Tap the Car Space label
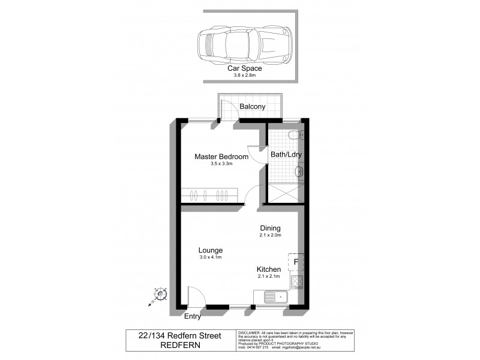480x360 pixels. coord(244,68)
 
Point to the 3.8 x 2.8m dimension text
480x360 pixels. coord(244,76)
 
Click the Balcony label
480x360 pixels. coord(252,107)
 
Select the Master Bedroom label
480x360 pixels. coord(221,157)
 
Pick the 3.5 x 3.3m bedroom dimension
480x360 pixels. coord(221,164)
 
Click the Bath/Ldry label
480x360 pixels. coord(286,154)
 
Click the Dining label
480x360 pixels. coord(271,228)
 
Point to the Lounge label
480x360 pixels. coord(211,250)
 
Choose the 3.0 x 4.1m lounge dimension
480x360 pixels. coord(211,257)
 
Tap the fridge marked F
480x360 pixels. coord(296,262)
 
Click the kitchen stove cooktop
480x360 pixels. coord(297,281)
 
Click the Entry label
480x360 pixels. coord(193,316)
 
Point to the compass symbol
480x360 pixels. coord(160,295)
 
